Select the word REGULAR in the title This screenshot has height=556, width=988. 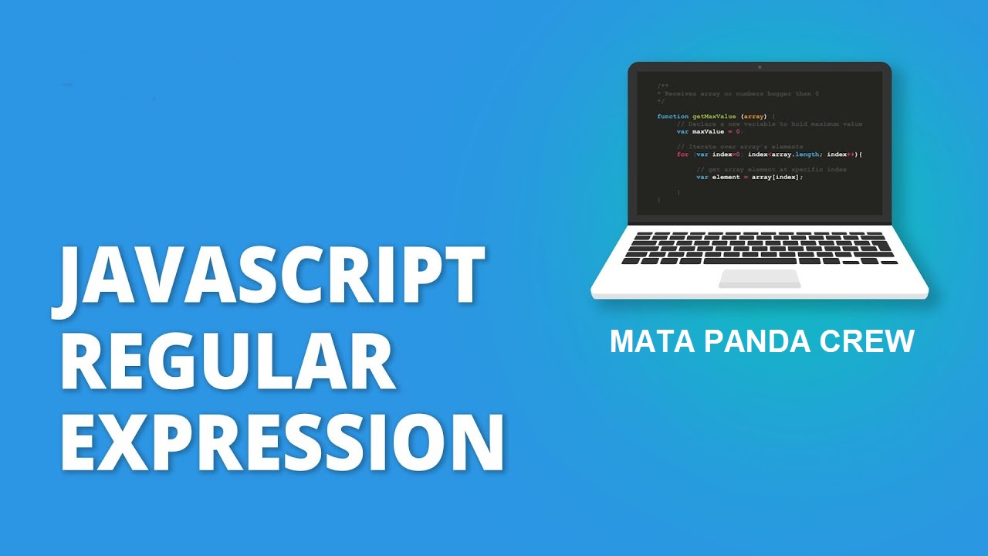pos(228,361)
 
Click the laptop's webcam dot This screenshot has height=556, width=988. pos(760,67)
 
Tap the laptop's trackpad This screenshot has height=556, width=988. pos(760,278)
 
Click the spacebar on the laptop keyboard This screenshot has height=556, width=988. pos(760,261)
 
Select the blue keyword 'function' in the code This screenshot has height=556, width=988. pos(672,117)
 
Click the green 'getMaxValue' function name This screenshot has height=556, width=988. pos(714,117)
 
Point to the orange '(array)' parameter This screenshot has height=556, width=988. pos(754,117)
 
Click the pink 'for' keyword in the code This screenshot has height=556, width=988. pos(682,154)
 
